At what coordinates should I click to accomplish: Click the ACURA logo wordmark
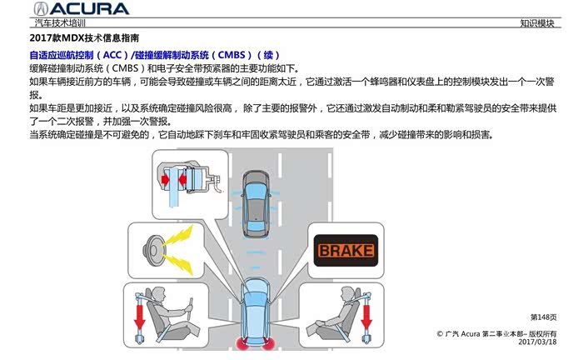tap(81, 8)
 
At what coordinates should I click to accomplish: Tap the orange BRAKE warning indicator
tap(346, 250)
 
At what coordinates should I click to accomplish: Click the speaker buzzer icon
tap(152, 250)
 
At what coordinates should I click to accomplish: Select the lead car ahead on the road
tap(257, 203)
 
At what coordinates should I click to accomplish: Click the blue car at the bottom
tap(257, 313)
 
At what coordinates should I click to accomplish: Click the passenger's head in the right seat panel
tap(348, 295)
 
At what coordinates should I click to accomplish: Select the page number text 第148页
tap(543, 317)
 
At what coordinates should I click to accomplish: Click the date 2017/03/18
tap(537, 342)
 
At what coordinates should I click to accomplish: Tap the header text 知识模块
tap(537, 23)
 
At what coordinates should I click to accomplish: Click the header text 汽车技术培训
tap(60, 23)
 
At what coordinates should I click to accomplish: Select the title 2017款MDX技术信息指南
tap(84, 38)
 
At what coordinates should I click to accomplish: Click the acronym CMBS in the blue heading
tap(232, 55)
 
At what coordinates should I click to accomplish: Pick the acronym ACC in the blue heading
tap(112, 55)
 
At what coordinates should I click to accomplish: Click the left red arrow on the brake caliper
tap(165, 180)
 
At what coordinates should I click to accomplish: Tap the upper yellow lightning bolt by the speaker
tap(177, 237)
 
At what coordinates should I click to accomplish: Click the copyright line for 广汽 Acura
tap(496, 333)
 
